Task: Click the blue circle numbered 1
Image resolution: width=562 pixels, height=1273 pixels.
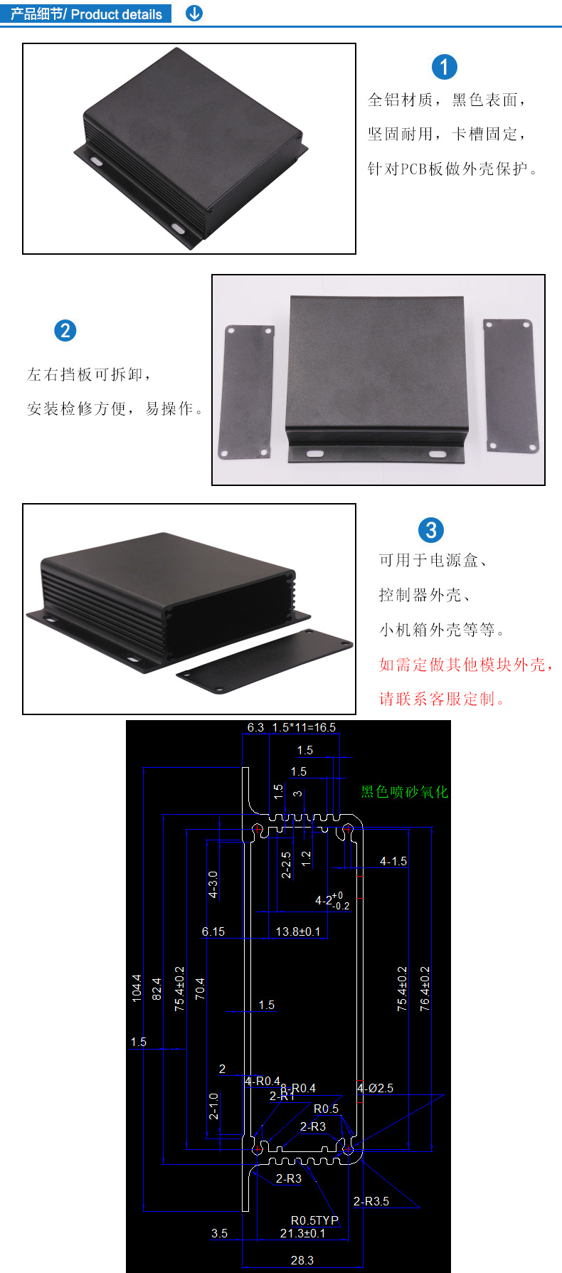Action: tap(445, 68)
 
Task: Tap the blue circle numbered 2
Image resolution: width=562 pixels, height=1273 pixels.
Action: tap(65, 330)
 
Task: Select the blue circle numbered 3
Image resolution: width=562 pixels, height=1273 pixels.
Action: tap(430, 530)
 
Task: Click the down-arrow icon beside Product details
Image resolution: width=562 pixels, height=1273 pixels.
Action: tap(193, 13)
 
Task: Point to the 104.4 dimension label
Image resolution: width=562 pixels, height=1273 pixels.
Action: tap(137, 988)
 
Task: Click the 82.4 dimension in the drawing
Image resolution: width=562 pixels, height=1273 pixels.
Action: tap(157, 989)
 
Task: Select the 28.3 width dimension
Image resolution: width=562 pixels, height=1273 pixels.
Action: tap(302, 1259)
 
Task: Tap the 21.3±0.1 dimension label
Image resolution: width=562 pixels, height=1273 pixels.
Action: tap(302, 1233)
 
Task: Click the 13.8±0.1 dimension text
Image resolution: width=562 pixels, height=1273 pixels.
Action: tap(298, 931)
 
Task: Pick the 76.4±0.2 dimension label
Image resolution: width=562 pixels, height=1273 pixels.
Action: tap(425, 988)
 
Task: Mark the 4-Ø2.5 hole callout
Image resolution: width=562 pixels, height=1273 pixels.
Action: tap(375, 1088)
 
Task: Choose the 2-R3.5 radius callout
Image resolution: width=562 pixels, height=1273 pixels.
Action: tap(371, 1201)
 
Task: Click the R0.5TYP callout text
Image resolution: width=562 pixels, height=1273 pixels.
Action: tap(315, 1220)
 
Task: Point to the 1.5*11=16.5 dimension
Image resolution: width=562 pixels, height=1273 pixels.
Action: tap(304, 727)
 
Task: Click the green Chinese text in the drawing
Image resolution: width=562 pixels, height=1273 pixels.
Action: tap(405, 792)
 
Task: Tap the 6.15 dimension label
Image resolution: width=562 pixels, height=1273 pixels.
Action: tap(213, 931)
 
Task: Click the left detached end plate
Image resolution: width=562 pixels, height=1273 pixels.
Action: tap(248, 392)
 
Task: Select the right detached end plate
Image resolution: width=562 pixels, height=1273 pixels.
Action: tap(511, 385)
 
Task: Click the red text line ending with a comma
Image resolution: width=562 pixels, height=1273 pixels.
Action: tap(466, 665)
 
